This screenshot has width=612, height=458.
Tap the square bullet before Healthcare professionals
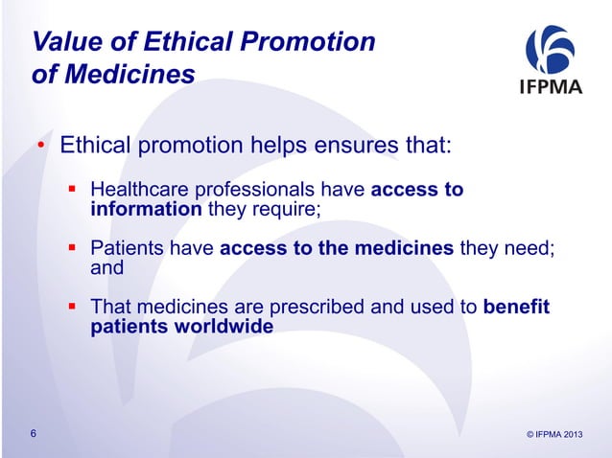pyautogui.click(x=70, y=189)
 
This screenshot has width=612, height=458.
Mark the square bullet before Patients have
pyautogui.click(x=70, y=248)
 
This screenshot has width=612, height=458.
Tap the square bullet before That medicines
pyautogui.click(x=70, y=308)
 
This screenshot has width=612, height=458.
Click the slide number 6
pyautogui.click(x=34, y=435)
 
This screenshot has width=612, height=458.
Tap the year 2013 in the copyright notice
pyautogui.click(x=570, y=436)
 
